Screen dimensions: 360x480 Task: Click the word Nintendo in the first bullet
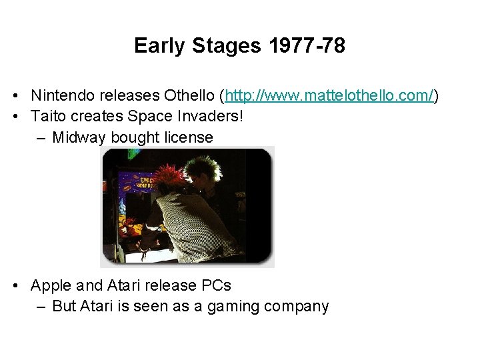(x=62, y=96)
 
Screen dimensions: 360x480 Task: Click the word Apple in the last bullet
(x=52, y=285)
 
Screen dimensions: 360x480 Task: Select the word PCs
(x=216, y=285)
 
